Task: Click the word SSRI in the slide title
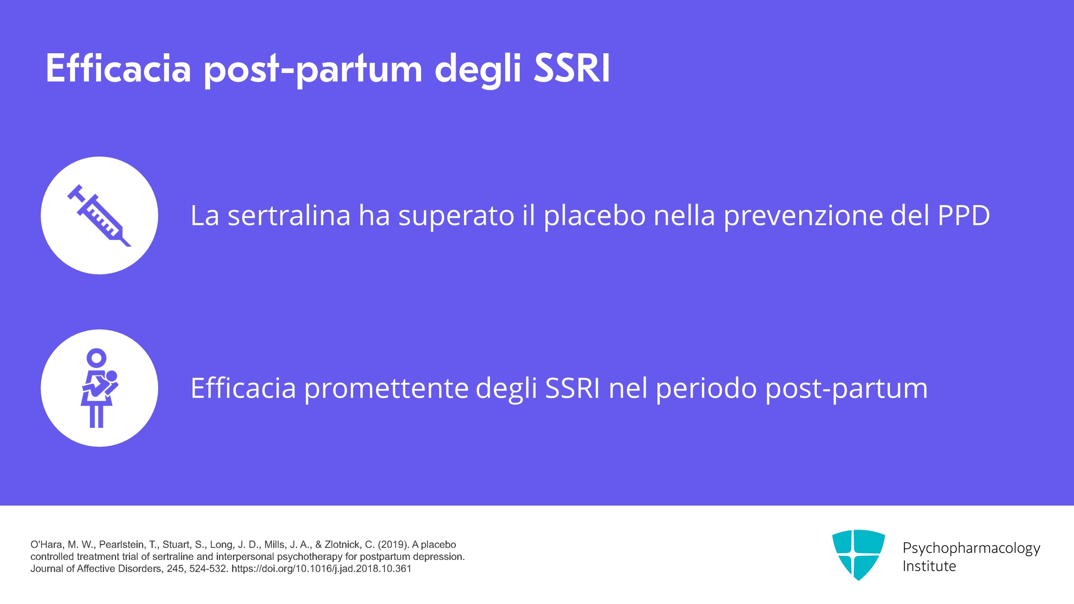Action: click(x=572, y=68)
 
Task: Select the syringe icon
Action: click(x=100, y=215)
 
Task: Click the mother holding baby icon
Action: click(x=99, y=388)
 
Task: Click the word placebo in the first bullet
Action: click(x=595, y=216)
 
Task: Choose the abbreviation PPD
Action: click(x=963, y=216)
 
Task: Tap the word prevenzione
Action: click(x=803, y=216)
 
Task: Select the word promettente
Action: click(x=386, y=389)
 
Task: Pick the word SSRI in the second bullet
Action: click(x=572, y=388)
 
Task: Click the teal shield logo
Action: click(x=858, y=555)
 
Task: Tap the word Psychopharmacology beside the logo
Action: click(x=971, y=548)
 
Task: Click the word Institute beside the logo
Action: click(x=929, y=566)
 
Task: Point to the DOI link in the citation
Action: click(x=321, y=569)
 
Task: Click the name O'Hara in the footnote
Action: click(x=46, y=544)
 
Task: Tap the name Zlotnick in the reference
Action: click(x=342, y=544)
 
